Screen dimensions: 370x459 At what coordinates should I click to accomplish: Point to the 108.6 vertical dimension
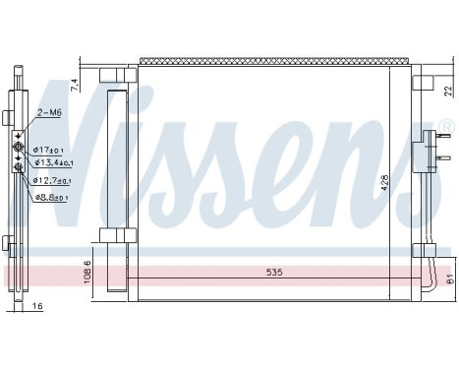coord(87,269)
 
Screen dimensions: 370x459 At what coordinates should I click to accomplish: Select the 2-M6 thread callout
coord(48,114)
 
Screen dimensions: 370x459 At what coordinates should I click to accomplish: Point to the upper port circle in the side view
coord(17,149)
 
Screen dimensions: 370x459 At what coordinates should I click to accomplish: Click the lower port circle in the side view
coord(17,166)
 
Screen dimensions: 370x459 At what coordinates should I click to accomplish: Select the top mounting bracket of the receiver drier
coord(115,77)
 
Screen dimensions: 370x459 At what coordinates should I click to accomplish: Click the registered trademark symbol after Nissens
coord(444,127)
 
